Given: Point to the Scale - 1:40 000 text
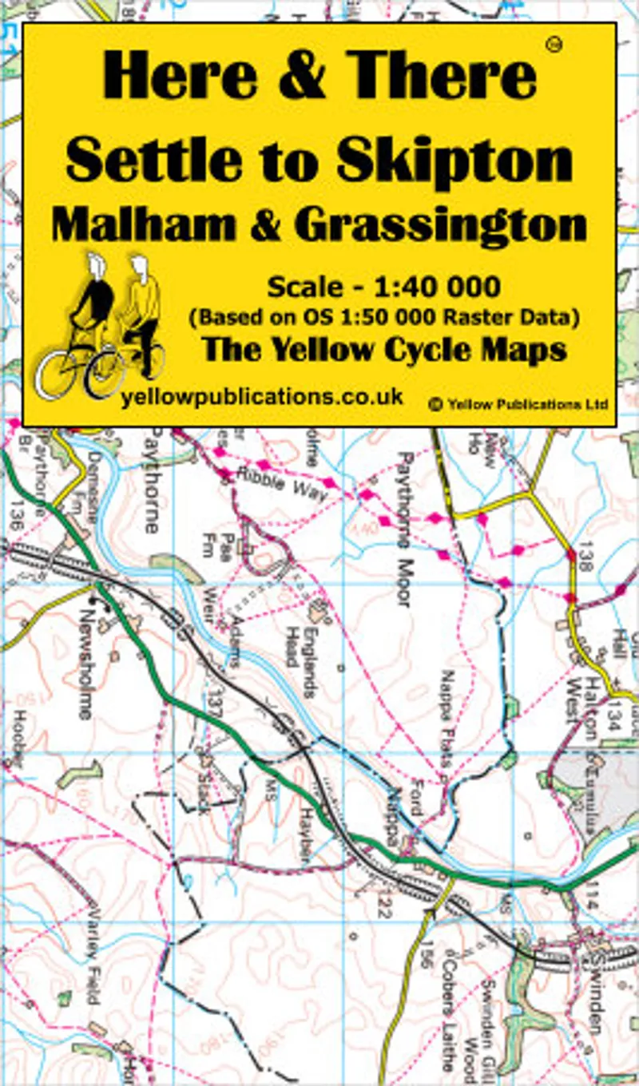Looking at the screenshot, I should tap(384, 285).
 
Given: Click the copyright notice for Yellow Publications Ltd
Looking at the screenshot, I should tap(518, 405).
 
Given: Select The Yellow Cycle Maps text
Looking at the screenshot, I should tap(384, 349).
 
